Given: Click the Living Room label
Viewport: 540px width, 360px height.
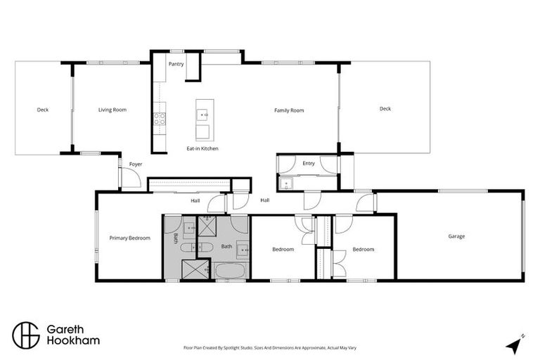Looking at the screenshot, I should (x=112, y=110).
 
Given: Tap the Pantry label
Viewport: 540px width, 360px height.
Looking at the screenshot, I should (x=176, y=64).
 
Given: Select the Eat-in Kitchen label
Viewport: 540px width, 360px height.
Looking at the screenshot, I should (x=202, y=148).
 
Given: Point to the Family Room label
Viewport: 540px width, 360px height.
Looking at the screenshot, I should (x=289, y=110).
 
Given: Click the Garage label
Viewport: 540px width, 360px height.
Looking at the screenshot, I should (x=456, y=236).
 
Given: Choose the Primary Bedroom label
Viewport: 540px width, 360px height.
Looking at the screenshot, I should (x=130, y=238).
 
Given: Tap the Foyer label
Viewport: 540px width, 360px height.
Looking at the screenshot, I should (x=136, y=164).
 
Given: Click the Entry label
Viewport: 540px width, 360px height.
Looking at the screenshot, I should (x=308, y=163).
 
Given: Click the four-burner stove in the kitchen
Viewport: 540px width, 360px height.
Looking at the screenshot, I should (x=160, y=119).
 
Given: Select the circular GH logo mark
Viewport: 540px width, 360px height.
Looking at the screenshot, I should (x=26, y=334).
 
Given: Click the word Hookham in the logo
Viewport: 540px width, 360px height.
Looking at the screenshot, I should (x=72, y=340).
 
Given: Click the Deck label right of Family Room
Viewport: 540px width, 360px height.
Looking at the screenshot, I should (x=385, y=108).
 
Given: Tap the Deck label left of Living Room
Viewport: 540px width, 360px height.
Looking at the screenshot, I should (x=43, y=110).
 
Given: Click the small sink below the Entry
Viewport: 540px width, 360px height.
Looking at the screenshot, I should (x=284, y=184).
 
